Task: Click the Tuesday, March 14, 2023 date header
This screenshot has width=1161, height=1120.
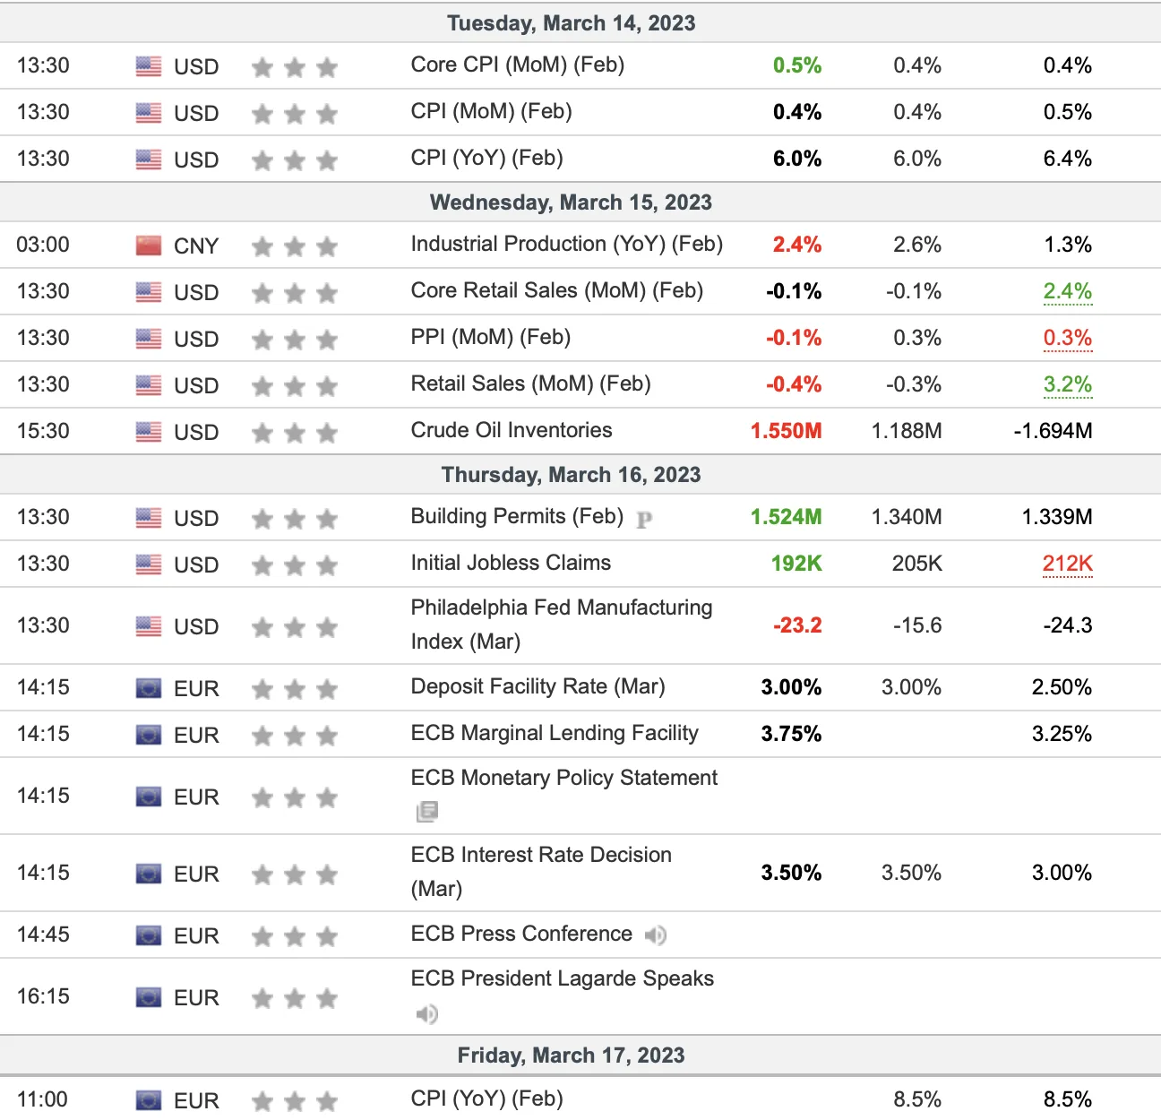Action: click(x=571, y=23)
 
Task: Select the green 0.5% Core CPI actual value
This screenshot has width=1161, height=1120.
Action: click(x=797, y=65)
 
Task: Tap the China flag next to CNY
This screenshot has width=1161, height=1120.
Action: click(x=149, y=246)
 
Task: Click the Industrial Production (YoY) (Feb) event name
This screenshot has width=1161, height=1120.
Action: click(x=567, y=244)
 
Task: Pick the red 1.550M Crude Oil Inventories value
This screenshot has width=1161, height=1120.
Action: click(x=787, y=431)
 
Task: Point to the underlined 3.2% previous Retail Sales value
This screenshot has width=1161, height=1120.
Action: click(x=1068, y=384)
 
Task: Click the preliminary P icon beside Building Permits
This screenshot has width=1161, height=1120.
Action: click(x=644, y=520)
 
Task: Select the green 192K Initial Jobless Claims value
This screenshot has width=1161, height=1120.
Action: click(x=796, y=564)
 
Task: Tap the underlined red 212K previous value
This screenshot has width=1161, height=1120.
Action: click(x=1067, y=564)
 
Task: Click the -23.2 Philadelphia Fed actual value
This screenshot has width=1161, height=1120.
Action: click(x=797, y=625)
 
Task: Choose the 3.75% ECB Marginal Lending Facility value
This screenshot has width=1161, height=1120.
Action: click(x=791, y=734)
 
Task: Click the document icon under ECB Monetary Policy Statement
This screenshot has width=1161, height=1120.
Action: click(x=427, y=812)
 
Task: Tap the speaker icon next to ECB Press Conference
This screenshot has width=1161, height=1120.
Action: click(x=655, y=935)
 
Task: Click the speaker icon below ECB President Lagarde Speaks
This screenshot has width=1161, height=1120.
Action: click(x=426, y=1013)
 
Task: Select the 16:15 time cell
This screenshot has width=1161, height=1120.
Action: click(x=43, y=996)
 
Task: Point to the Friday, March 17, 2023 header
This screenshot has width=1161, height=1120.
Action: click(x=571, y=1055)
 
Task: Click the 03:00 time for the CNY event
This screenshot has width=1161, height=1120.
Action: click(x=43, y=245)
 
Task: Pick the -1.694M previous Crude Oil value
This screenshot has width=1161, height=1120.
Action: click(x=1053, y=431)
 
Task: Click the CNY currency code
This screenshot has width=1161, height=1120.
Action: click(x=195, y=246)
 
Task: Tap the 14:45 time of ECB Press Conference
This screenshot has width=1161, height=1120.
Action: click(x=43, y=935)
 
